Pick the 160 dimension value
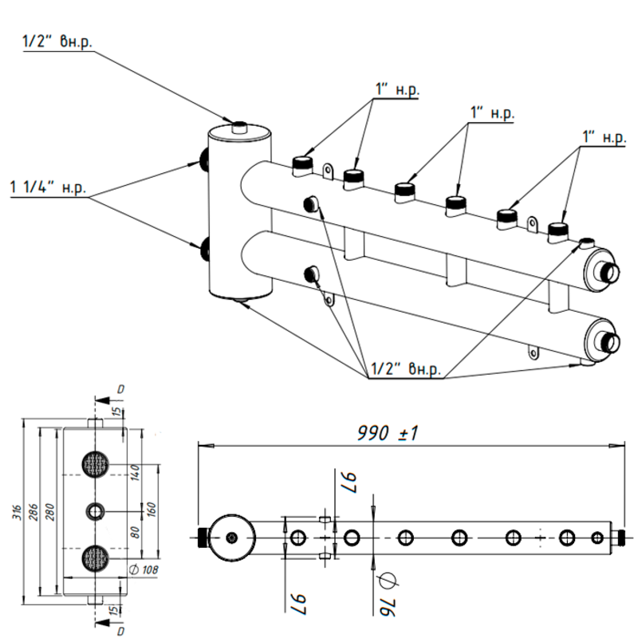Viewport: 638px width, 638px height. [152, 509]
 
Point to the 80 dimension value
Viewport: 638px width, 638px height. [134, 532]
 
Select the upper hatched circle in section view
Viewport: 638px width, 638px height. [96, 463]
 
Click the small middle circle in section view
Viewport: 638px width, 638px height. [96, 510]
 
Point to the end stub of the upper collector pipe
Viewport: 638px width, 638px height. [610, 272]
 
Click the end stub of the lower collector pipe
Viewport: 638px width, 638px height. [610, 341]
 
